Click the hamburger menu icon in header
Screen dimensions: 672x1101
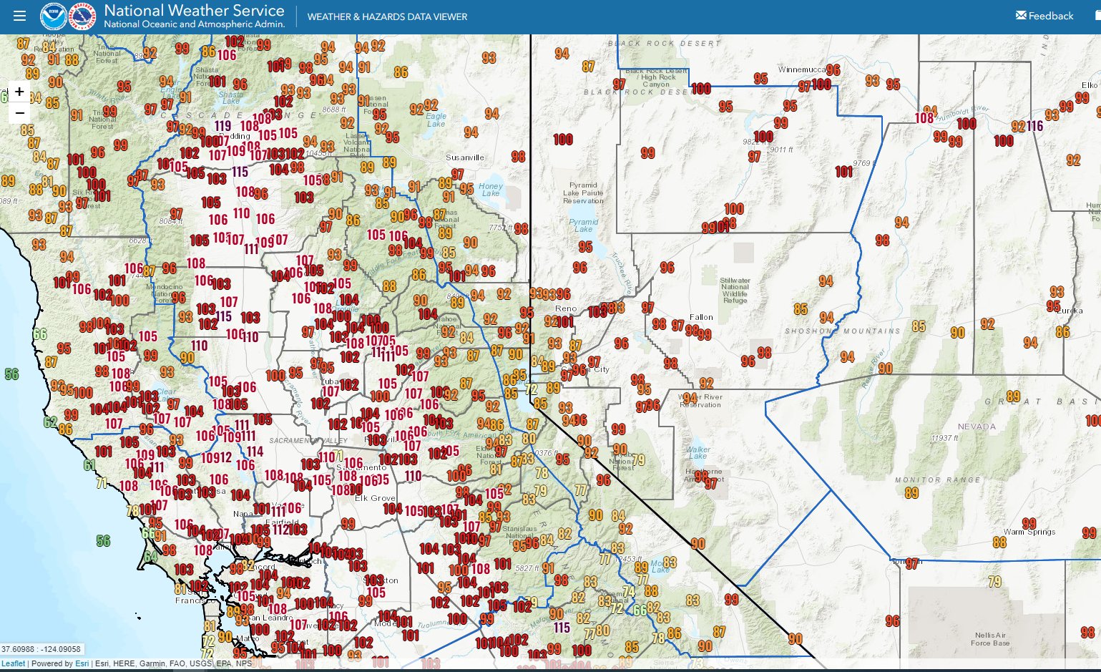(x=19, y=16)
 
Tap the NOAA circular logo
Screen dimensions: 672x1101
(x=53, y=16)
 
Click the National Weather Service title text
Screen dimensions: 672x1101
(x=194, y=11)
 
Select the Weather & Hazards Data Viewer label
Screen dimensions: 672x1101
(x=387, y=16)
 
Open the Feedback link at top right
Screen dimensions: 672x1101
(x=1044, y=16)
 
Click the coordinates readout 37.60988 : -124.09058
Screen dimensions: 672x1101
(x=41, y=649)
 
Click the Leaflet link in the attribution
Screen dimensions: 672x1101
(x=13, y=663)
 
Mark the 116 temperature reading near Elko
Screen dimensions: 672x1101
(x=1034, y=126)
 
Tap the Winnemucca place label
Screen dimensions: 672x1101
(x=801, y=69)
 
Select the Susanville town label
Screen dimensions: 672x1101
(x=465, y=157)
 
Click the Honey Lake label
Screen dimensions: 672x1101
(x=491, y=190)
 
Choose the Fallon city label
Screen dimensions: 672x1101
(x=701, y=317)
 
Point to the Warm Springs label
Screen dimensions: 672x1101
(x=1029, y=532)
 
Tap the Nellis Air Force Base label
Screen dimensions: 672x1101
(x=990, y=638)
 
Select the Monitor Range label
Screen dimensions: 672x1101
(x=937, y=479)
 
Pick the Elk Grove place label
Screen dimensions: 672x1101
(x=375, y=498)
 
